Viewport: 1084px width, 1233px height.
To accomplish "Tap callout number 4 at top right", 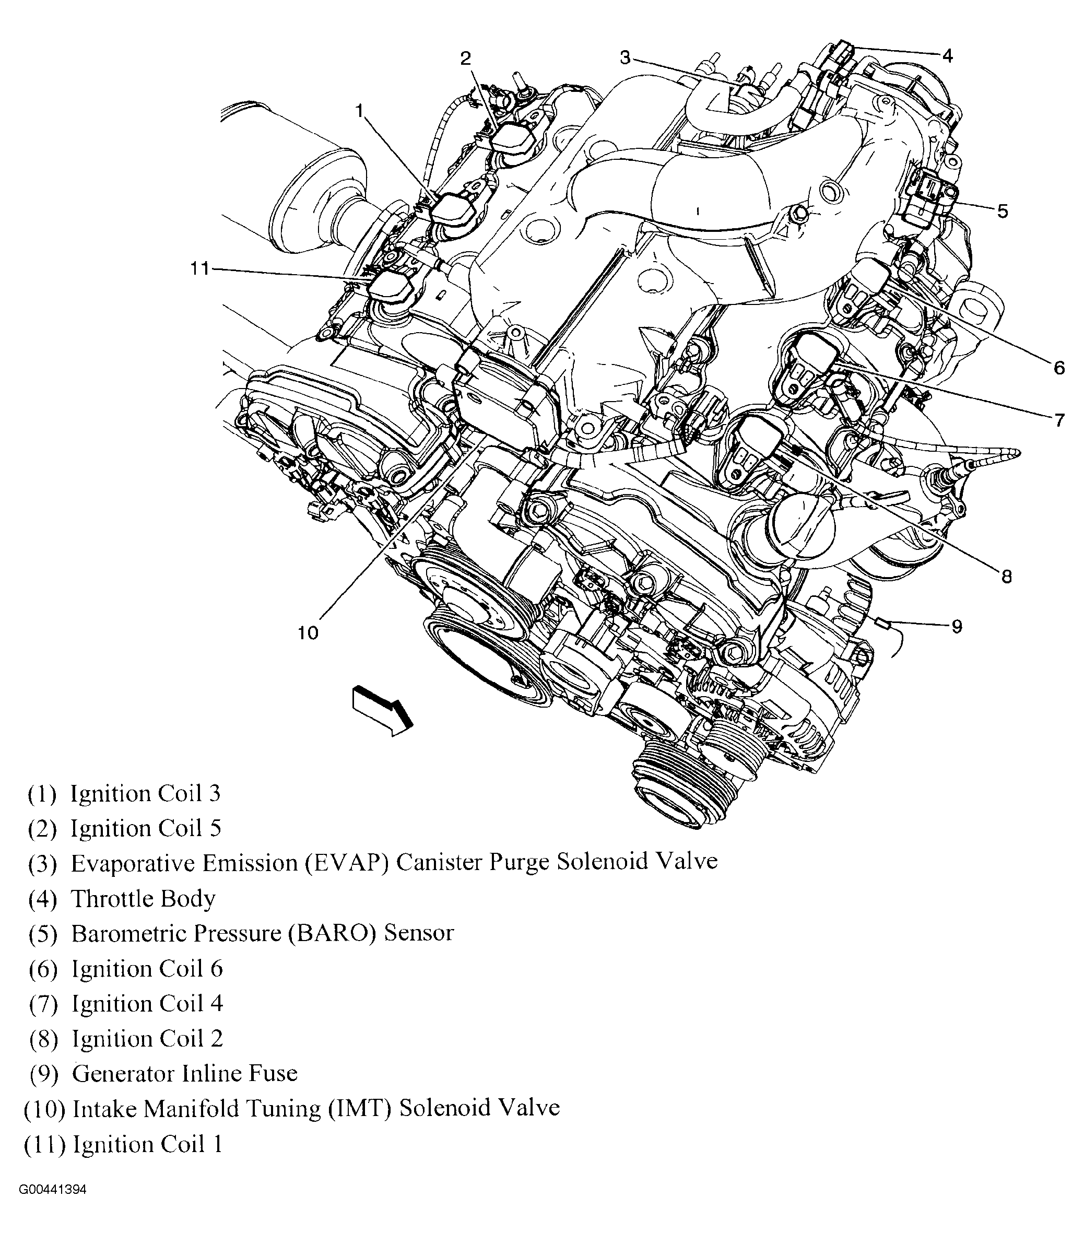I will tap(947, 56).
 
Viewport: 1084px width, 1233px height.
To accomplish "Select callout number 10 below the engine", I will tap(308, 633).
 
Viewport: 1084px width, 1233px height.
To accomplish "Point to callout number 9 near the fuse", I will tap(957, 626).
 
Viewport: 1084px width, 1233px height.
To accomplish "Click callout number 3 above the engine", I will tap(625, 58).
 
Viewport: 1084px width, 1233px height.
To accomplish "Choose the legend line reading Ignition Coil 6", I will tap(147, 969).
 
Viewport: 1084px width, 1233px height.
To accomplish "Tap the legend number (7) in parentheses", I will tap(43, 1004).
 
